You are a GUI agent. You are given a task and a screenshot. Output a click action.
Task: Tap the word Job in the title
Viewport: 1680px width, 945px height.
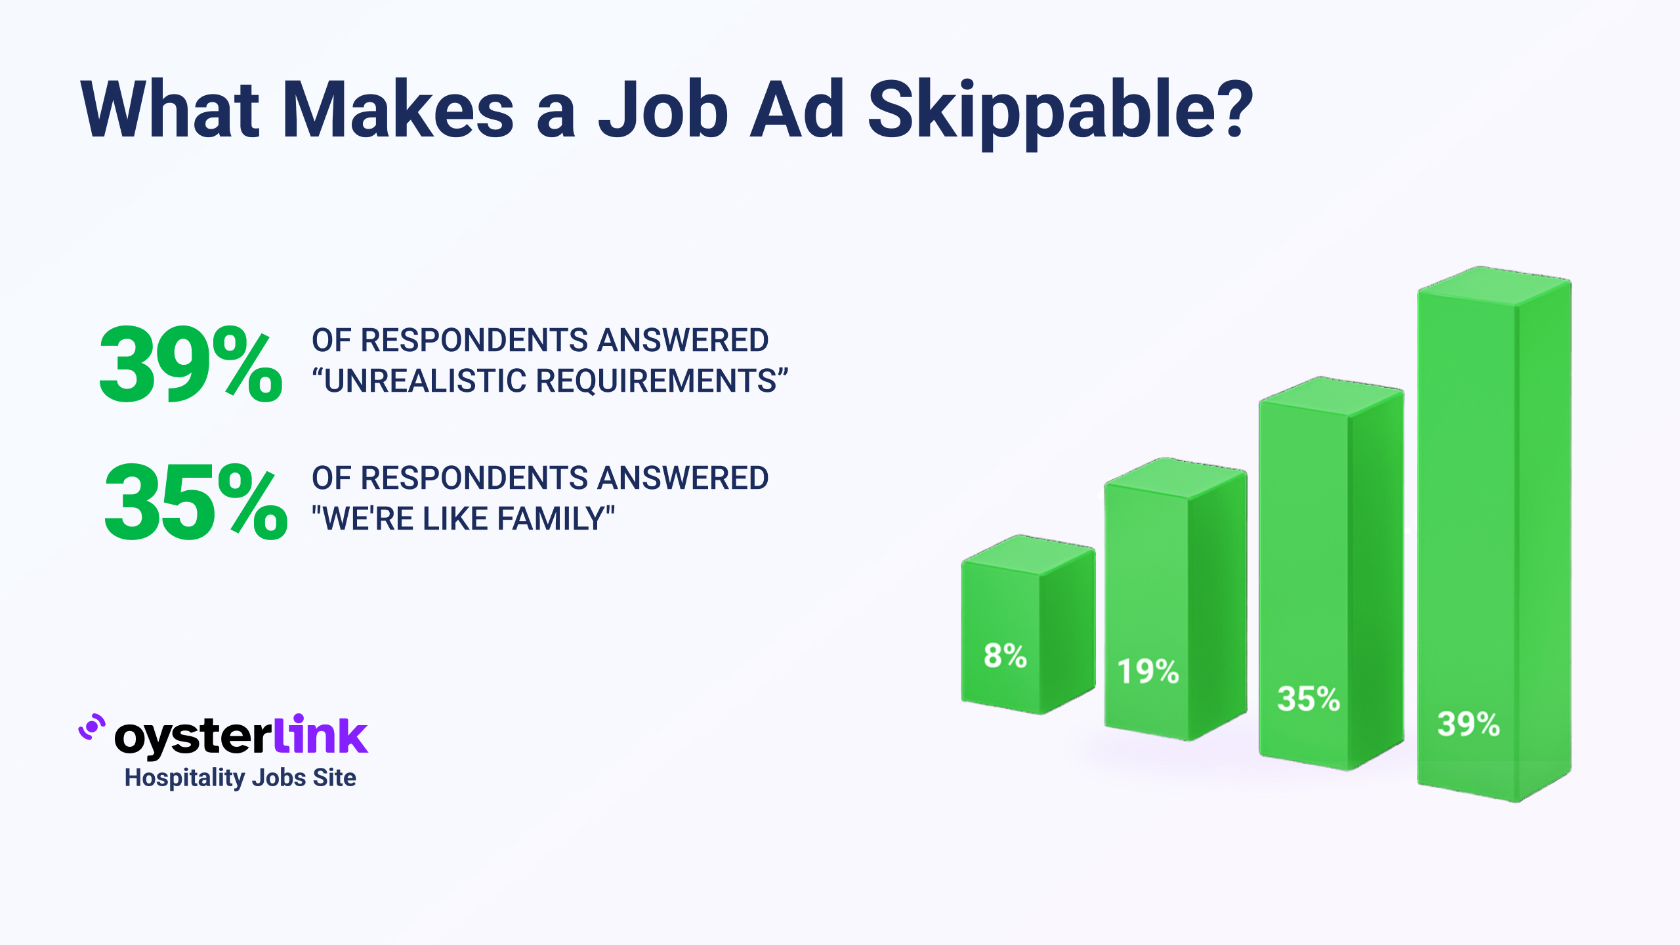pos(663,109)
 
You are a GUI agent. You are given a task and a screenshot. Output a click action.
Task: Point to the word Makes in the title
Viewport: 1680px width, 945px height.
pos(398,109)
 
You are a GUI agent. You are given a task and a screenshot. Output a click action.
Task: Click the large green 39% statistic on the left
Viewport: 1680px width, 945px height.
pos(191,364)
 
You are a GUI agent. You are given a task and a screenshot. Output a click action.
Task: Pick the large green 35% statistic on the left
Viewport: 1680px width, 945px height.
pos(196,501)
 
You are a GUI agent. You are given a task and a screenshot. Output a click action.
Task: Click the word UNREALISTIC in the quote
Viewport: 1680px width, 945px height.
pos(425,381)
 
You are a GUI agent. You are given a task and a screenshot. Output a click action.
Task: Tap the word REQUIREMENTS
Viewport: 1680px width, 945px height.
pos(656,381)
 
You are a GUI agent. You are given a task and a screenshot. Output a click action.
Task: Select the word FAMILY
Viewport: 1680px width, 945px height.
pos(550,518)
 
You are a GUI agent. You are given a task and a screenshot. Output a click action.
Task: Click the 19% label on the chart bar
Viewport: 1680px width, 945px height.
pos(1148,671)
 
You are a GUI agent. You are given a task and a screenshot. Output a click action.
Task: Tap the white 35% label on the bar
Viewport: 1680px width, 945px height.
pos(1308,698)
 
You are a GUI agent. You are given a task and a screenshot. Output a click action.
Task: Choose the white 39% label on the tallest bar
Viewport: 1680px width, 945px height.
pos(1469,724)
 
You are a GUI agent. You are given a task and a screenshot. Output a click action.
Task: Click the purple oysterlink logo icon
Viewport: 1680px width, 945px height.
pos(92,727)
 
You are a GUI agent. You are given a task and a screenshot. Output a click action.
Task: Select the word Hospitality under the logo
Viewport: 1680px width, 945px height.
pos(184,778)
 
